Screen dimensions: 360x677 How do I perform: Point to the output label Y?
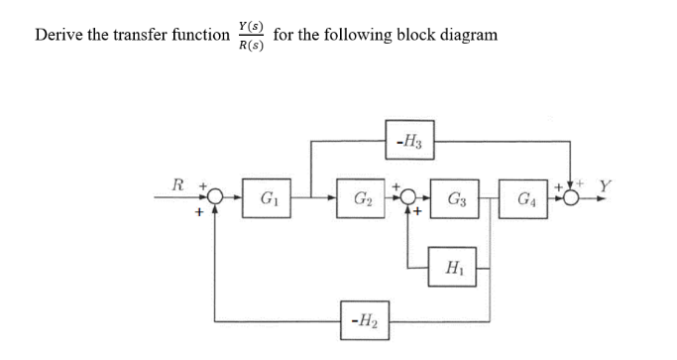tap(604, 184)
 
